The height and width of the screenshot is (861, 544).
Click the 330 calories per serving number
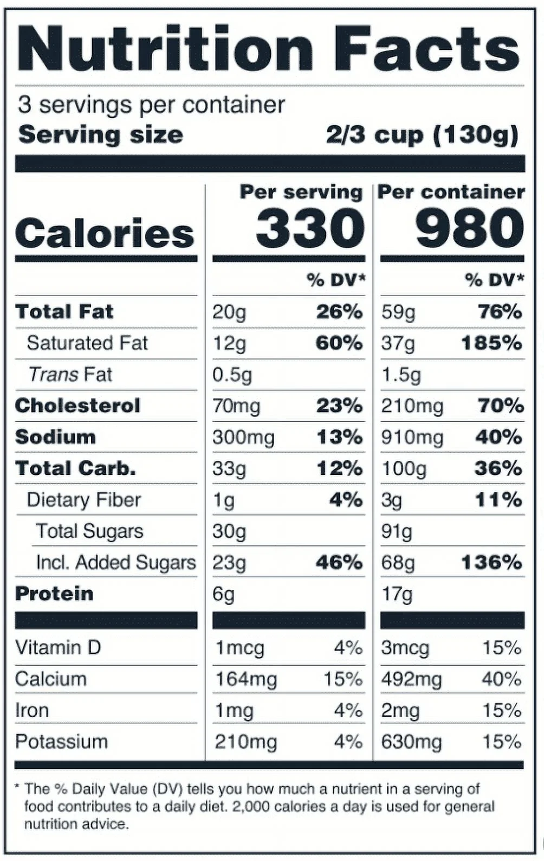click(x=310, y=228)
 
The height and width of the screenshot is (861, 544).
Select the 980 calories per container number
click(x=469, y=228)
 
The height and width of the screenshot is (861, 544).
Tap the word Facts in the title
click(x=426, y=49)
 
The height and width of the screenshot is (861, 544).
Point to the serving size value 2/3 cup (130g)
click(x=422, y=135)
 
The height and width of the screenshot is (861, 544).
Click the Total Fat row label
click(x=64, y=312)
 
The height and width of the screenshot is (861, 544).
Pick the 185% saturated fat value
click(x=491, y=343)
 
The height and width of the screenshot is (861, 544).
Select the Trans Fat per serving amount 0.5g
click(x=232, y=375)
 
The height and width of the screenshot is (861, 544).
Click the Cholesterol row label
click(x=77, y=406)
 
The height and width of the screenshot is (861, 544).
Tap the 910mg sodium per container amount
click(x=412, y=438)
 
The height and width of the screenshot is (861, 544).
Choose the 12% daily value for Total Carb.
click(x=339, y=468)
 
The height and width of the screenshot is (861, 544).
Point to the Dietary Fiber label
click(x=84, y=500)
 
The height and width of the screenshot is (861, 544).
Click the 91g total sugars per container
click(x=396, y=532)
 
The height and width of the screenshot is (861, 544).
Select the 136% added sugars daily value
click(x=491, y=563)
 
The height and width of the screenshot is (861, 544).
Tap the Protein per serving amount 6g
click(x=223, y=594)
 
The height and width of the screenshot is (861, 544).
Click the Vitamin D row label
click(x=58, y=647)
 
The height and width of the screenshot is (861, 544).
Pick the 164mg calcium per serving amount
click(x=246, y=679)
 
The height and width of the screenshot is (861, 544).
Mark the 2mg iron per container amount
click(x=400, y=710)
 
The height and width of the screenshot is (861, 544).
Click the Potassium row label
click(x=61, y=742)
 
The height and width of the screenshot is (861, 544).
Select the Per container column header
click(x=451, y=192)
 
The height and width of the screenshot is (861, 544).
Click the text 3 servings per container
click(x=151, y=105)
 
